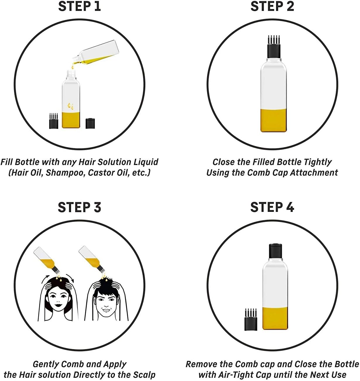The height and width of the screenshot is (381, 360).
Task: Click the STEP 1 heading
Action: click(x=80, y=7)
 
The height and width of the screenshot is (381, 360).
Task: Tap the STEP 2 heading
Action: click(x=272, y=7)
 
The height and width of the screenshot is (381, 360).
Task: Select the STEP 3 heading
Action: click(x=79, y=207)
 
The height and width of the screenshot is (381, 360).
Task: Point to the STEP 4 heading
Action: click(x=272, y=207)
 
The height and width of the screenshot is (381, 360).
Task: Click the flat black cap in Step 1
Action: click(x=91, y=123)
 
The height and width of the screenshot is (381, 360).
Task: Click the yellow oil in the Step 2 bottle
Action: click(x=274, y=120)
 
